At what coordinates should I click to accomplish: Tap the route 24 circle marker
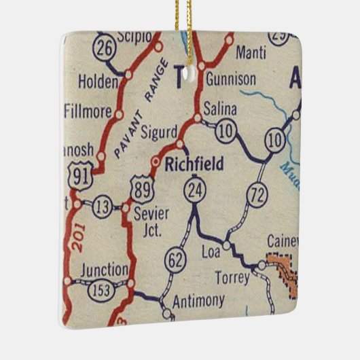pyautogui.click(x=194, y=192)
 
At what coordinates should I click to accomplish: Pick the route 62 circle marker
pyautogui.click(x=175, y=259)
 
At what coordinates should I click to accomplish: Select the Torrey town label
pyautogui.click(x=232, y=278)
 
